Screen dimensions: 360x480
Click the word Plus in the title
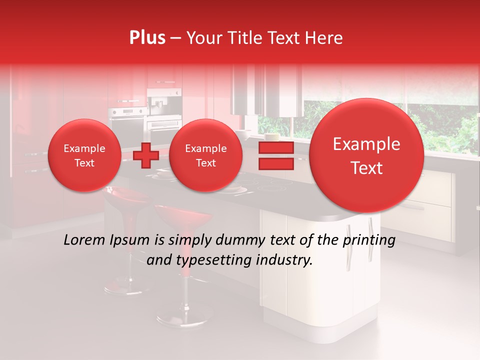coord(147,38)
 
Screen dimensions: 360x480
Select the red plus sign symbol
coord(145,155)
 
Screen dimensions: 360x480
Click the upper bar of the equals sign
coord(275,147)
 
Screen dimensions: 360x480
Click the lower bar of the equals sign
coord(275,163)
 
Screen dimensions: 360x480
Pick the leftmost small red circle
coord(84,155)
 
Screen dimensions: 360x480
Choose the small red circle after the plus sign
coord(205,155)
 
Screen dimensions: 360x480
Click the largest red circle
coord(366,155)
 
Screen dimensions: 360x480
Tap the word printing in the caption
coord(368,240)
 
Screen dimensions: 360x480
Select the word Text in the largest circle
coord(366,168)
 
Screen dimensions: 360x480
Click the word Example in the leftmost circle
coord(84,148)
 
